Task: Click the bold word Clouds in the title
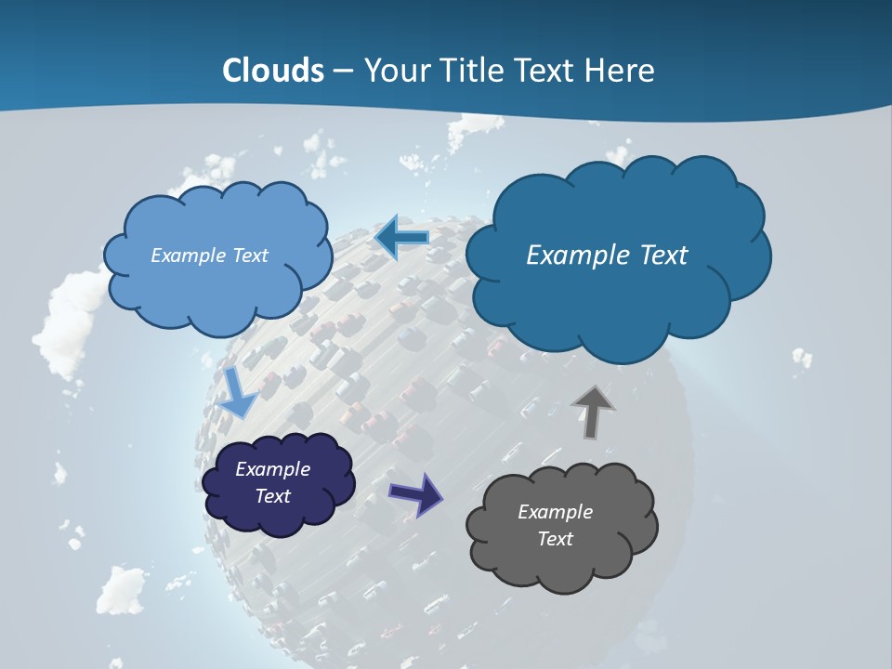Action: (x=273, y=71)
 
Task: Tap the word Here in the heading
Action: (x=621, y=71)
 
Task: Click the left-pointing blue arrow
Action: (x=401, y=238)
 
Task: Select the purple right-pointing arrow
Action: (x=416, y=493)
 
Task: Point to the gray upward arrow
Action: (x=592, y=413)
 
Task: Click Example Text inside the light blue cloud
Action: (x=209, y=256)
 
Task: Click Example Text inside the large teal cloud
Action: (x=607, y=256)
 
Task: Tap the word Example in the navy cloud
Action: (x=272, y=469)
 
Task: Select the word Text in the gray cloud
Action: (x=555, y=539)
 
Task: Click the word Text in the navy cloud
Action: (x=272, y=496)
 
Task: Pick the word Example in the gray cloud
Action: (x=555, y=512)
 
